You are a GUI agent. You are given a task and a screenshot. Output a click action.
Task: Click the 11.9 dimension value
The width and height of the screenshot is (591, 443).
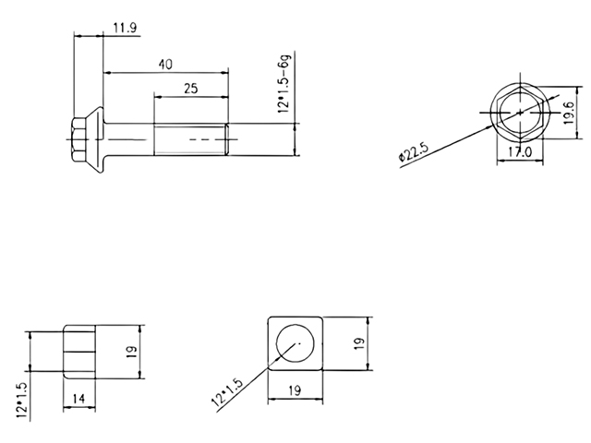click(x=126, y=28)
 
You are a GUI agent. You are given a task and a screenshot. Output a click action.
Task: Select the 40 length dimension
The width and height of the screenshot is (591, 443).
click(x=165, y=64)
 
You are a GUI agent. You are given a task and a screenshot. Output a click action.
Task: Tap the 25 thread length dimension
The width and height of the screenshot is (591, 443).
click(x=190, y=89)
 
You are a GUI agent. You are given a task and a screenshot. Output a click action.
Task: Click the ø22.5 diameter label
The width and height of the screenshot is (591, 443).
click(x=413, y=150)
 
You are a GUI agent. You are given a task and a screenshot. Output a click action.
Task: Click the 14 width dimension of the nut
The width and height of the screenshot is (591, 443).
click(x=80, y=398)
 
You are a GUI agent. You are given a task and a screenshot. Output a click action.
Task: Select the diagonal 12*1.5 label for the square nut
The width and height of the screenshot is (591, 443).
click(x=227, y=392)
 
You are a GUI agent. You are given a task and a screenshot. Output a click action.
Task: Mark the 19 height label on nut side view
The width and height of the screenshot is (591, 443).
click(x=131, y=352)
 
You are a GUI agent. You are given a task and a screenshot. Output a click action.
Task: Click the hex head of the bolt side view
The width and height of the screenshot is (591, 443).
click(x=77, y=139)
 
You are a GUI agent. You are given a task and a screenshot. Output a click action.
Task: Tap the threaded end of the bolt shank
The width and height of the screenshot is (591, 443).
click(x=189, y=139)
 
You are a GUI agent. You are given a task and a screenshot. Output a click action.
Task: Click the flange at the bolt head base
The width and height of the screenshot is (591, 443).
click(x=93, y=139)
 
